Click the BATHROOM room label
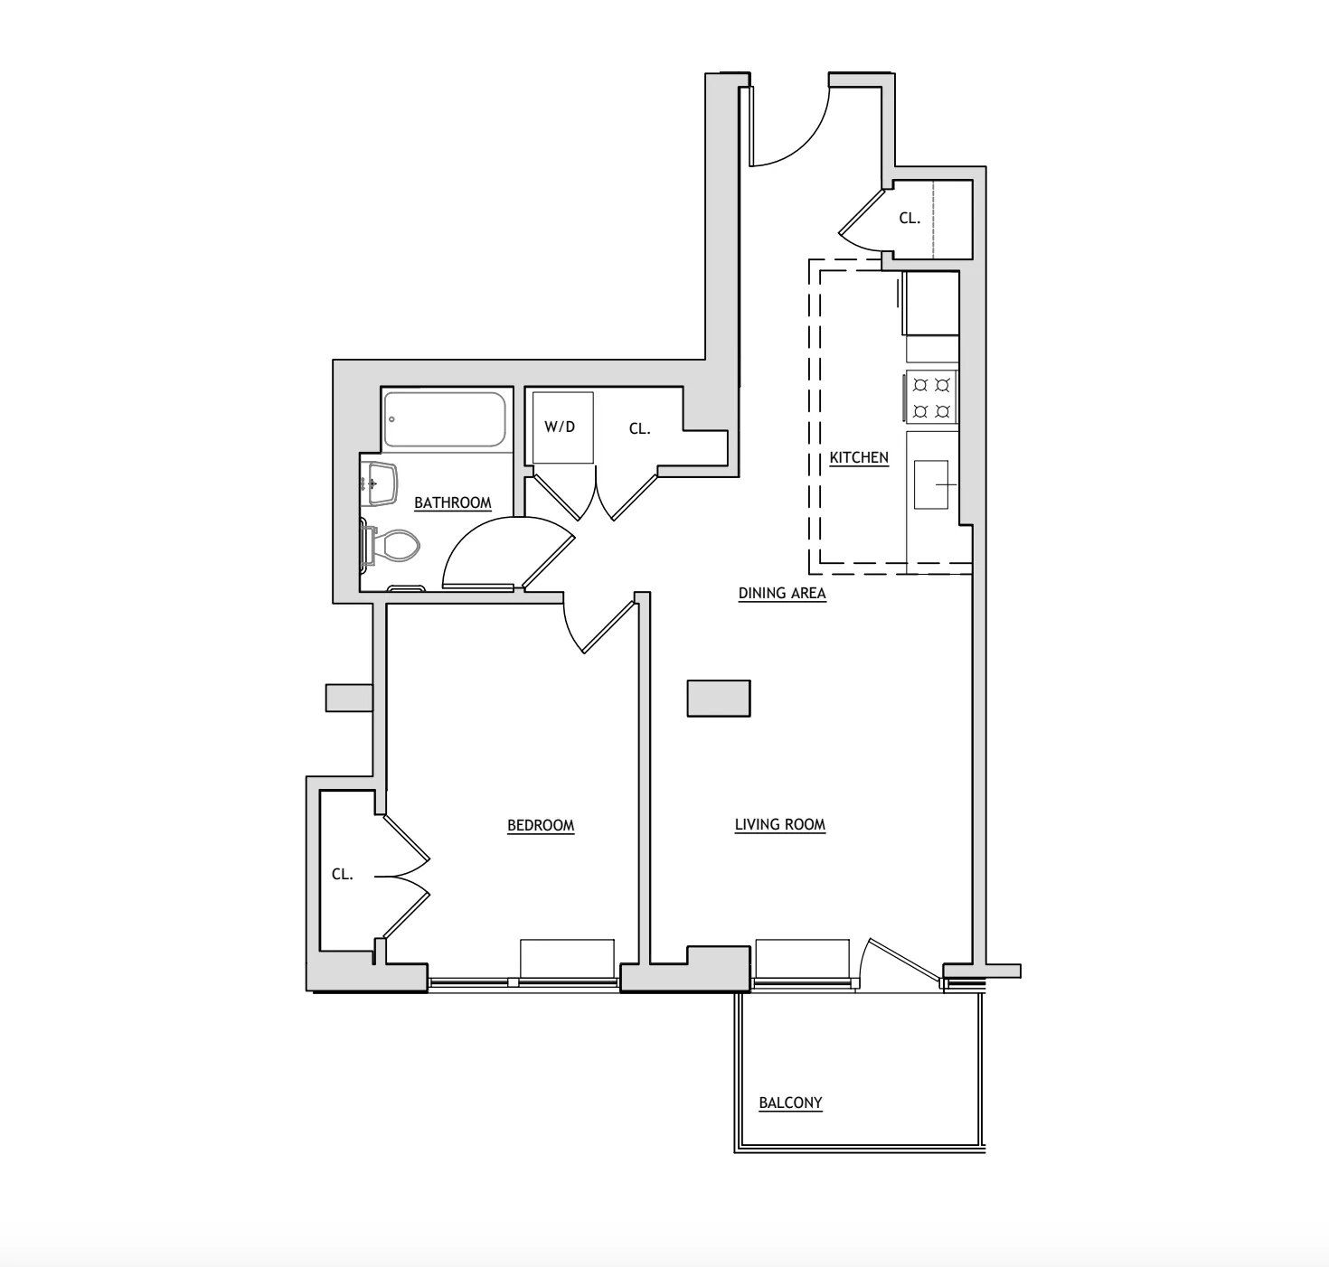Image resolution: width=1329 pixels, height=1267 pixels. pyautogui.click(x=452, y=503)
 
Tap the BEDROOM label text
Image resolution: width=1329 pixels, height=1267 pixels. pyautogui.click(x=541, y=825)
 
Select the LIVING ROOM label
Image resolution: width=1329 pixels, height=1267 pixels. pyautogui.click(x=779, y=824)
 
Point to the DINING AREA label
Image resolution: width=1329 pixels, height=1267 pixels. pyautogui.click(x=782, y=594)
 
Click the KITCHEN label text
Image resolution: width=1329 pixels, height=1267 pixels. pyautogui.click(x=859, y=458)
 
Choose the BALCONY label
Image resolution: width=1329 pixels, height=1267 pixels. pyautogui.click(x=790, y=1103)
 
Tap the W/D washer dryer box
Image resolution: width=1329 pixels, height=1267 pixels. pyautogui.click(x=561, y=427)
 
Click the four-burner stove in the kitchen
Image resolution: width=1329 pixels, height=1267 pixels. pyautogui.click(x=931, y=398)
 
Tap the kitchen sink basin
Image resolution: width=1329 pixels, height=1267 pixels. pyautogui.click(x=931, y=484)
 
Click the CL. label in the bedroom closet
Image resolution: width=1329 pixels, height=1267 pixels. pyautogui.click(x=342, y=875)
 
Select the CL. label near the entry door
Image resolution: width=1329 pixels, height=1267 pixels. pyautogui.click(x=910, y=218)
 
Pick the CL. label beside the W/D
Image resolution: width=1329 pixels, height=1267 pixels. pyautogui.click(x=639, y=429)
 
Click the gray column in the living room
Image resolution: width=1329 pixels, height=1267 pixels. pyautogui.click(x=719, y=699)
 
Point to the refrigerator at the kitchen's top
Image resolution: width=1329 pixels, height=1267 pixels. pyautogui.click(x=931, y=303)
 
